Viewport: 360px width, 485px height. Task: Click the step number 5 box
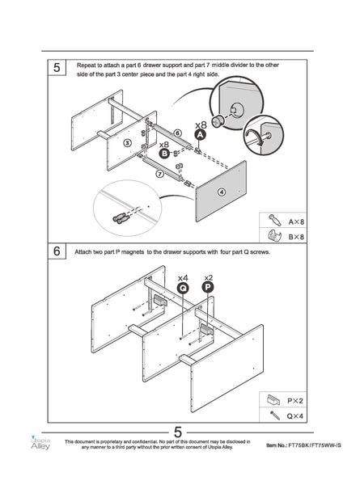pyautogui.click(x=57, y=67)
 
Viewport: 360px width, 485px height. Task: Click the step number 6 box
pyautogui.click(x=57, y=251)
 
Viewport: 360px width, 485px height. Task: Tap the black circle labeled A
pyautogui.click(x=201, y=135)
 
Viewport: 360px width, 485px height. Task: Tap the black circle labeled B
pyautogui.click(x=164, y=153)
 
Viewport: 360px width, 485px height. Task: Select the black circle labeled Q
pyautogui.click(x=183, y=289)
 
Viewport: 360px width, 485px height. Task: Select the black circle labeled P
pyautogui.click(x=208, y=287)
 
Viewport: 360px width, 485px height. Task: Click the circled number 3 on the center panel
pyautogui.click(x=127, y=143)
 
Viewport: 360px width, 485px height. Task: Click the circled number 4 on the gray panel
pyautogui.click(x=222, y=192)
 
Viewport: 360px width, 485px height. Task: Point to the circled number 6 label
pyautogui.click(x=177, y=133)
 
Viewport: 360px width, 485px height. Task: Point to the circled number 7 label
pyautogui.click(x=159, y=174)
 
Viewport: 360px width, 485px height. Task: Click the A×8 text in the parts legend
pyautogui.click(x=296, y=221)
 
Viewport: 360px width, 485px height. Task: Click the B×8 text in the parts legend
pyautogui.click(x=296, y=237)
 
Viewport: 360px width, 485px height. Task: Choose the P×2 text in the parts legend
pyautogui.click(x=295, y=401)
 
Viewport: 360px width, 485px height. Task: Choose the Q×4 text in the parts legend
pyautogui.click(x=295, y=416)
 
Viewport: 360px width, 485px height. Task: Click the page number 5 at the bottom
pyautogui.click(x=178, y=432)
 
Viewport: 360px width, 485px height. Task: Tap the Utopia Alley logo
pyautogui.click(x=40, y=443)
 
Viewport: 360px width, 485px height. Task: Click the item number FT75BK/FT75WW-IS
pyautogui.click(x=315, y=445)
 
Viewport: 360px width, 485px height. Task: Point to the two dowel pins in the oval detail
pyautogui.click(x=121, y=218)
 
